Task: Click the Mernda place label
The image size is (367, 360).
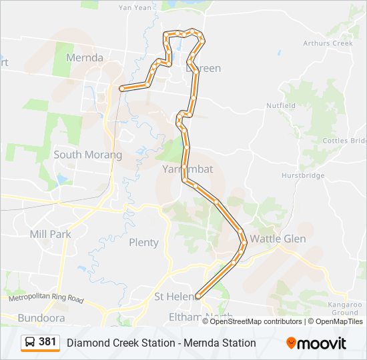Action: [x=85, y=58]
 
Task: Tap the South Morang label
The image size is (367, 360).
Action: [x=87, y=155]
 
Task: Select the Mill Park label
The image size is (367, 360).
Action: [x=50, y=234]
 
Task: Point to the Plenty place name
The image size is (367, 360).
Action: [x=143, y=242]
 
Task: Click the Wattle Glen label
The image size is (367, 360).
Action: [x=278, y=239]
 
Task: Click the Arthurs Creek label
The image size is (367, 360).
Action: [x=327, y=43]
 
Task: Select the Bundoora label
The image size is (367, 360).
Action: [x=41, y=317]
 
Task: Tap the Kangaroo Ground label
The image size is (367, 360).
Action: [x=346, y=308]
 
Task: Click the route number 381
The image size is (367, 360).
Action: [x=47, y=342]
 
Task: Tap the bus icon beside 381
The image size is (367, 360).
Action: [x=30, y=343]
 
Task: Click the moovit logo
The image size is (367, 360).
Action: [x=316, y=343]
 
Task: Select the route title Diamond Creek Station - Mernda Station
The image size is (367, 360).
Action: [x=161, y=343]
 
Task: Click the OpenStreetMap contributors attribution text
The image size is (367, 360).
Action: [x=256, y=321]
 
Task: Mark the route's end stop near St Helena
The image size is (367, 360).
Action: [x=198, y=296]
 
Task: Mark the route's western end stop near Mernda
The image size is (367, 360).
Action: [x=121, y=88]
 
